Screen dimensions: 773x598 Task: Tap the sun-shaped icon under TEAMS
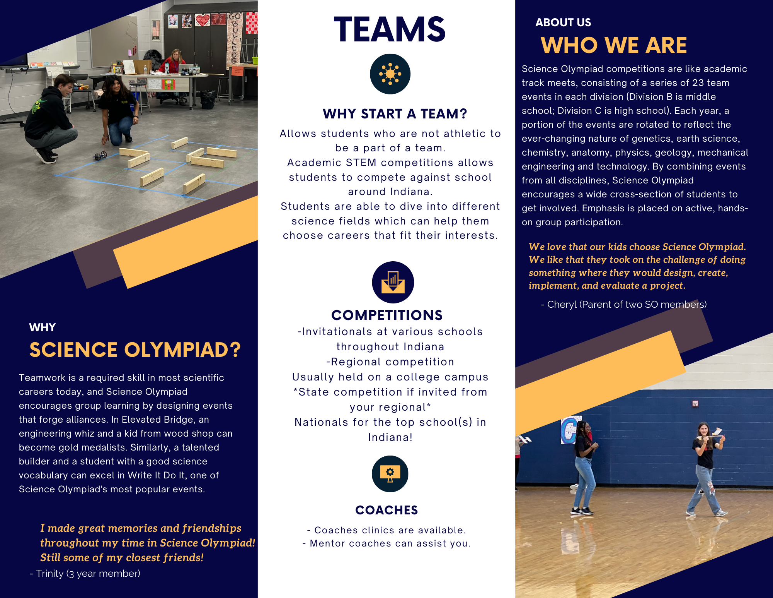[x=390, y=74]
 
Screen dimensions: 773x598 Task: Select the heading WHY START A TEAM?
[x=395, y=114]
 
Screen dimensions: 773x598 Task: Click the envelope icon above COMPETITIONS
[x=393, y=282]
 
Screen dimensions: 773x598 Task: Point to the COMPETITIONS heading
[x=387, y=315]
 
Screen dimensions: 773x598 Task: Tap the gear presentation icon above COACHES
[x=390, y=474]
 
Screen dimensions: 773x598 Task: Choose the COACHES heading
[x=386, y=510]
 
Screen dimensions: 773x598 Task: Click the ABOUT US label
[x=563, y=22]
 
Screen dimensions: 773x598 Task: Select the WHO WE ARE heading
[x=614, y=45]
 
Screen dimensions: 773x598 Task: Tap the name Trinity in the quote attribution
[x=49, y=574]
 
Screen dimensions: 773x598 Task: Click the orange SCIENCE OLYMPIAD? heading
[x=135, y=350]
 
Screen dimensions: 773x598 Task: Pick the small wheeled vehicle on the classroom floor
[x=100, y=156]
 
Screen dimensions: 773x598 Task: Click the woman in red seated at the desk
[x=174, y=62]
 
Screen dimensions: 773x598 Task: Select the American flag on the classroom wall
[x=156, y=30]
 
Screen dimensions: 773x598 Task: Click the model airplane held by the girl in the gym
[x=711, y=435]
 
